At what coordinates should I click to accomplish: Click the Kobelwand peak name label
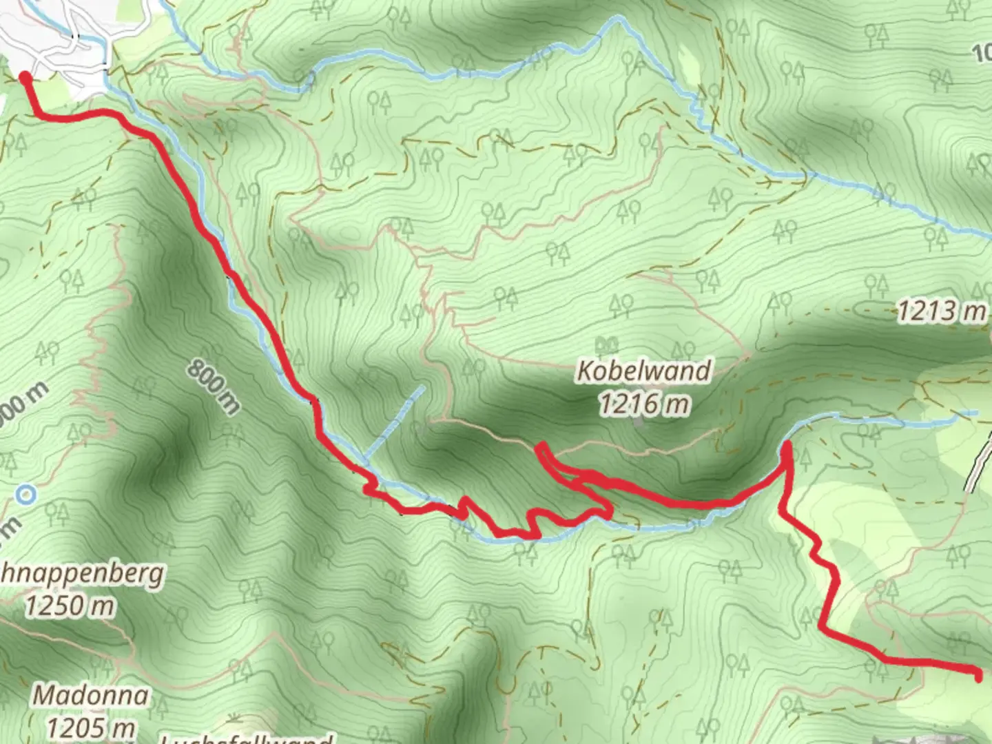click(x=643, y=371)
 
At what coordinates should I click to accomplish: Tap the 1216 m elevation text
click(x=643, y=403)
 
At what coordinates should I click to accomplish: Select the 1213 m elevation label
click(x=941, y=311)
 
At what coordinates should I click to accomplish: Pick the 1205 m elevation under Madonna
click(x=90, y=727)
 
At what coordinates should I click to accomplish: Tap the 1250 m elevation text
click(x=70, y=606)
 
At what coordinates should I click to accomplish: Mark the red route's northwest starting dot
click(x=25, y=77)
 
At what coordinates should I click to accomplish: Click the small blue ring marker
click(x=26, y=494)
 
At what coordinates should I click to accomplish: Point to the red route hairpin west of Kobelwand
click(x=541, y=449)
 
